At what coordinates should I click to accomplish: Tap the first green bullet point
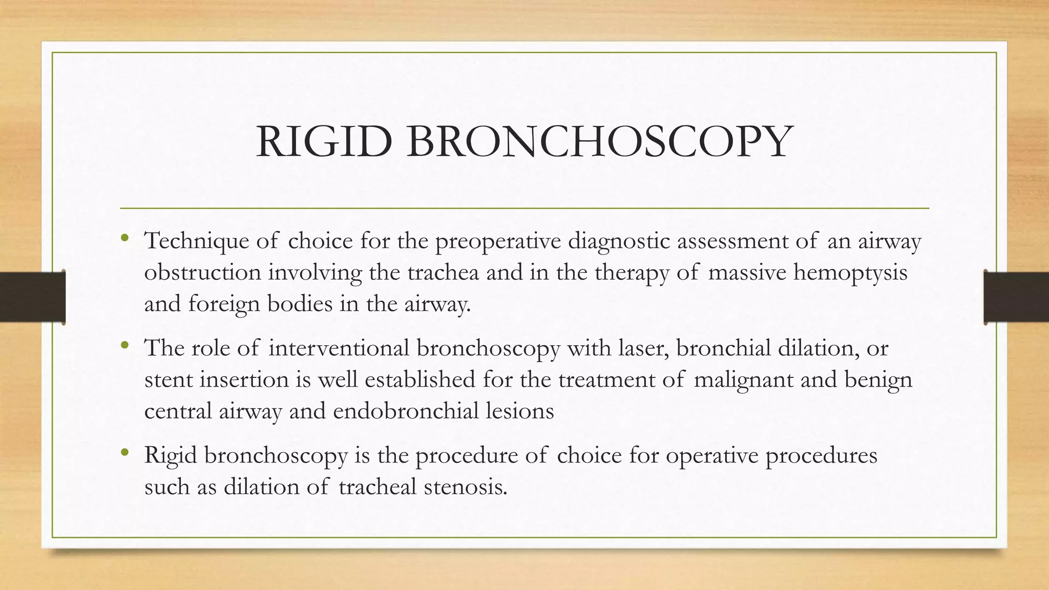click(124, 237)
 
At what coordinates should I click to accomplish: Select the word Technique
click(197, 241)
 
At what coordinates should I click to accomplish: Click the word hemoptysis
click(850, 272)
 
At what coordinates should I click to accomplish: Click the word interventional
click(339, 348)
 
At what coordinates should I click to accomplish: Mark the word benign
click(878, 380)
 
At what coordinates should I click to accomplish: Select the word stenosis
click(466, 487)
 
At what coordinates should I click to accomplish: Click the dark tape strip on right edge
click(1016, 297)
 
